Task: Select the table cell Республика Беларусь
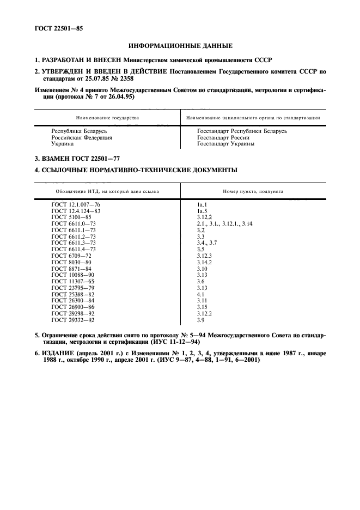click(x=79, y=131)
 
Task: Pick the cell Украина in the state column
click(x=63, y=144)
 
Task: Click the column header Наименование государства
click(x=108, y=117)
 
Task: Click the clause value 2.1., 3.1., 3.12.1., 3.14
click(x=224, y=223)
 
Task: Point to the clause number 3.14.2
click(x=205, y=262)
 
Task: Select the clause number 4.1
click(x=200, y=294)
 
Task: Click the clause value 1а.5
click(x=203, y=210)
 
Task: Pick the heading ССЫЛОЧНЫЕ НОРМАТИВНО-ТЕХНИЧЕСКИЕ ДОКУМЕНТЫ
click(x=136, y=171)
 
